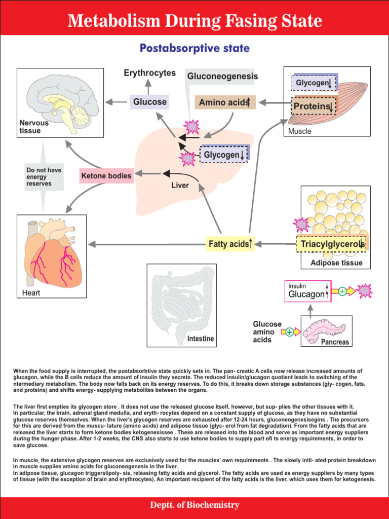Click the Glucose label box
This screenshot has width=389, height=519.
click(x=149, y=102)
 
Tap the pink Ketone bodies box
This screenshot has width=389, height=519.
click(x=106, y=176)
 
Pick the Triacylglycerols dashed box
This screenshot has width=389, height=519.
click(x=332, y=244)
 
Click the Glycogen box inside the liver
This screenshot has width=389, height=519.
click(x=224, y=155)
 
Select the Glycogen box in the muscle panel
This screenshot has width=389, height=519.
click(x=314, y=82)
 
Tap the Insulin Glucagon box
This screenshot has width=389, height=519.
click(x=308, y=291)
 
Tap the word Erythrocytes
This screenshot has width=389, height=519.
click(x=150, y=73)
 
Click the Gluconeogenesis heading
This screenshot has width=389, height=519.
click(x=222, y=76)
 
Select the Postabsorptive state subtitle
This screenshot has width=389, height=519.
click(x=194, y=49)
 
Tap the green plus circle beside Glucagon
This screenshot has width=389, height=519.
click(x=342, y=291)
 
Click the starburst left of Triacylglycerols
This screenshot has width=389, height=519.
click(x=301, y=225)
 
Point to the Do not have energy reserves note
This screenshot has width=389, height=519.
click(x=44, y=177)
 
